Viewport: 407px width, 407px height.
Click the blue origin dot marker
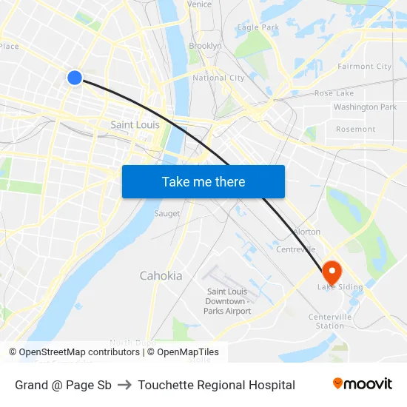[x=75, y=77]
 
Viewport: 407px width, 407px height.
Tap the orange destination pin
[x=331, y=272]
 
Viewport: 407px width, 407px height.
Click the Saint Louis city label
[x=135, y=125]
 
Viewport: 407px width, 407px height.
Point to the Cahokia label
[x=161, y=276]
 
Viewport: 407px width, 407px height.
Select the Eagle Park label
[x=258, y=27]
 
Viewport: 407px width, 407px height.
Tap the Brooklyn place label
[x=205, y=46]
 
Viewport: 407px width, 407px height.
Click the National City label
[x=218, y=78]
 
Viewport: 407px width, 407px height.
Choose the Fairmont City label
[x=364, y=67]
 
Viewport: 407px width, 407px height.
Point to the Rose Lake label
[x=334, y=93]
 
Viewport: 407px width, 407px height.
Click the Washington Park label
[x=365, y=107]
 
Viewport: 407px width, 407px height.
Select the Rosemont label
[x=355, y=129]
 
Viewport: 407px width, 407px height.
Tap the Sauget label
[x=166, y=214]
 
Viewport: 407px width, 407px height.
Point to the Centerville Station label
[x=330, y=321]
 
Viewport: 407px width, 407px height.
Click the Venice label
[x=199, y=4]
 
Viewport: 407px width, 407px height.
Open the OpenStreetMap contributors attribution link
[x=78, y=352]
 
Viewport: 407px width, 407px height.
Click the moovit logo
[x=362, y=384]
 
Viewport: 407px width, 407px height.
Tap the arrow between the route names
[x=124, y=385]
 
